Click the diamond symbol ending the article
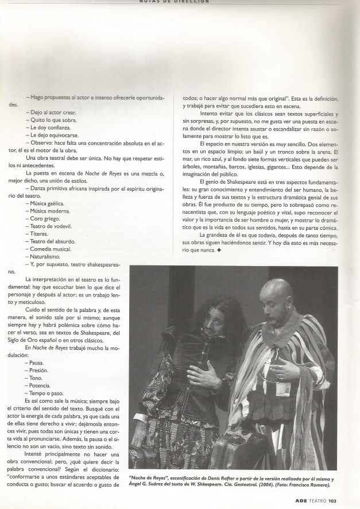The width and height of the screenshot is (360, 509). coord(219,250)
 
